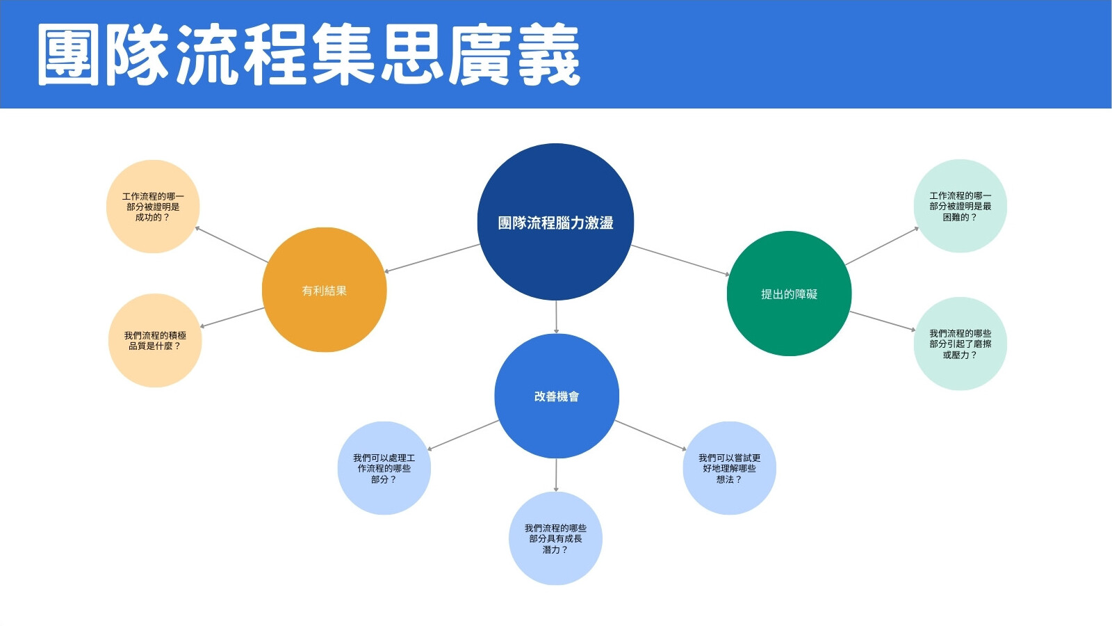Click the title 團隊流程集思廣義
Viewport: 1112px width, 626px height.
click(x=309, y=54)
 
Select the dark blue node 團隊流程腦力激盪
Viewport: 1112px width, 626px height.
click(x=555, y=222)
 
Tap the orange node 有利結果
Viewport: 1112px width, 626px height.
click(x=324, y=289)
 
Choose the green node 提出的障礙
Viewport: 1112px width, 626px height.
click(x=789, y=294)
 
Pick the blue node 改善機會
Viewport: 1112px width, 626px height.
click(x=557, y=396)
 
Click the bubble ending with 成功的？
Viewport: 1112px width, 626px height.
click(x=153, y=206)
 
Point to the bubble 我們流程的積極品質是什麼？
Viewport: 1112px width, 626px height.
click(x=155, y=340)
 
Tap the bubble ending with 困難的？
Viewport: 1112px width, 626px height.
click(x=960, y=206)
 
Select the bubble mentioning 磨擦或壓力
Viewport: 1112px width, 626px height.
click(x=960, y=344)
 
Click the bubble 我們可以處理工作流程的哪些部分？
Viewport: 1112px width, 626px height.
click(x=384, y=468)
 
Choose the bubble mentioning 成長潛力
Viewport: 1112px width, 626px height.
click(x=555, y=538)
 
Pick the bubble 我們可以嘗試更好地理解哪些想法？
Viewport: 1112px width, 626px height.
click(x=729, y=468)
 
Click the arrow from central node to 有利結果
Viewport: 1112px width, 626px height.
click(x=432, y=258)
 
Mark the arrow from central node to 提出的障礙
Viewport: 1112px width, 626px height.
click(x=680, y=260)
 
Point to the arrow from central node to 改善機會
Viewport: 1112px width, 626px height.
click(x=556, y=317)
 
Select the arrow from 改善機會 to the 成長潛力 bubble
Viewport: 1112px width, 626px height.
click(x=556, y=475)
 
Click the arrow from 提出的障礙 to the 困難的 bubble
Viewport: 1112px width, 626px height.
click(x=882, y=246)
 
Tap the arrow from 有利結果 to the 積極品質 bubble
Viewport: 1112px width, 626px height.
click(x=232, y=318)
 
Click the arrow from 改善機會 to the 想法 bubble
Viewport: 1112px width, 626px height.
click(x=651, y=435)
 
